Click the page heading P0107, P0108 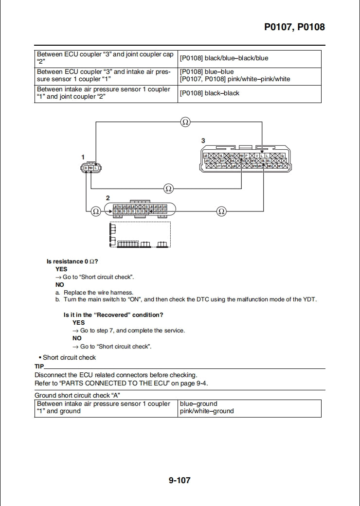(294, 27)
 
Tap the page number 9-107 (180, 480)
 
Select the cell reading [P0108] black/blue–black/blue (224, 58)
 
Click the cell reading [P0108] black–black (209, 93)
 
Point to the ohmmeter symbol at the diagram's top (185, 122)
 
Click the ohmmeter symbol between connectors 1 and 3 (168, 188)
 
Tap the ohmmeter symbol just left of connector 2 (96, 211)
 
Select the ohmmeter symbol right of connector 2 (221, 211)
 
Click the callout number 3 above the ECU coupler (203, 140)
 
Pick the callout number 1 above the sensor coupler (83, 157)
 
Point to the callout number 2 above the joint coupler (108, 197)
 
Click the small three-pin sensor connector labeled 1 (91, 168)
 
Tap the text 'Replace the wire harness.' (98, 293)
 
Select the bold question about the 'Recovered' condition (113, 315)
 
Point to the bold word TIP (39, 366)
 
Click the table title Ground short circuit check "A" (77, 395)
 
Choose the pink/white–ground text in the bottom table (207, 411)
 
